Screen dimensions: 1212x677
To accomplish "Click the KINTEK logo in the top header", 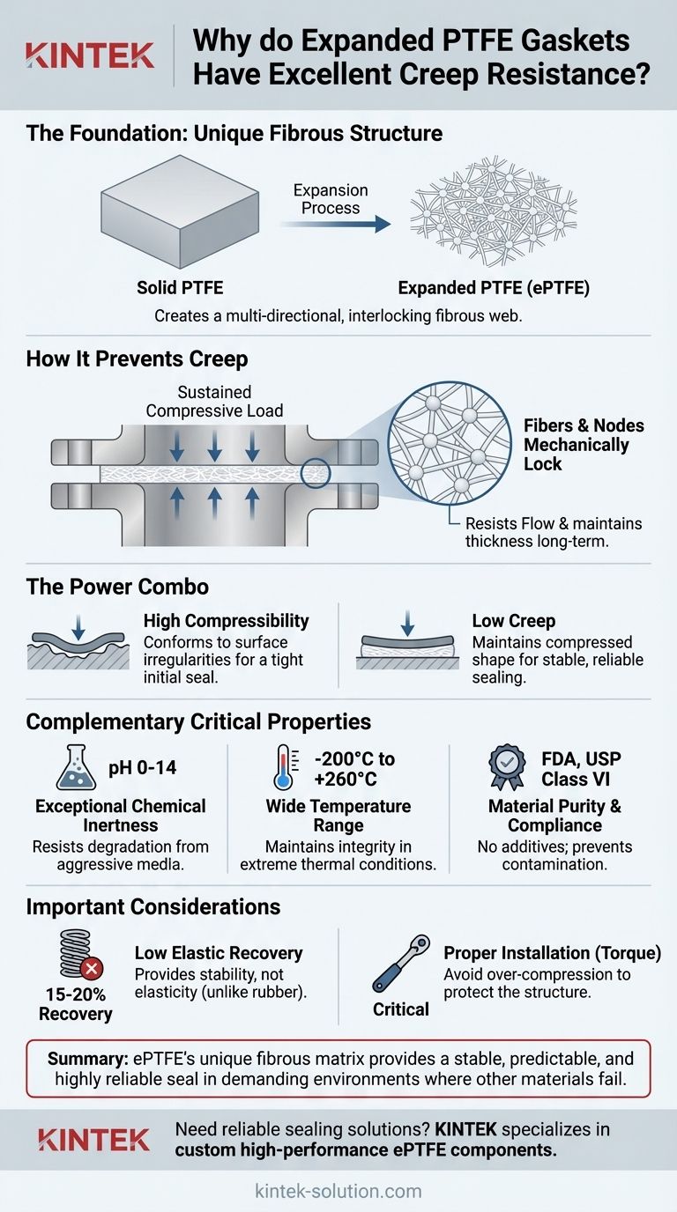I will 90,54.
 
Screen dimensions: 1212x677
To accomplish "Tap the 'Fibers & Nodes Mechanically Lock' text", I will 577,444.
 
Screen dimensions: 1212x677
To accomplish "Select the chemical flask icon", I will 78,768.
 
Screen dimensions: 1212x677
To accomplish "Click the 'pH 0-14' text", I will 144,768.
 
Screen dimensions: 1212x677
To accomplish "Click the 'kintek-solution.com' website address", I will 338,1191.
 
